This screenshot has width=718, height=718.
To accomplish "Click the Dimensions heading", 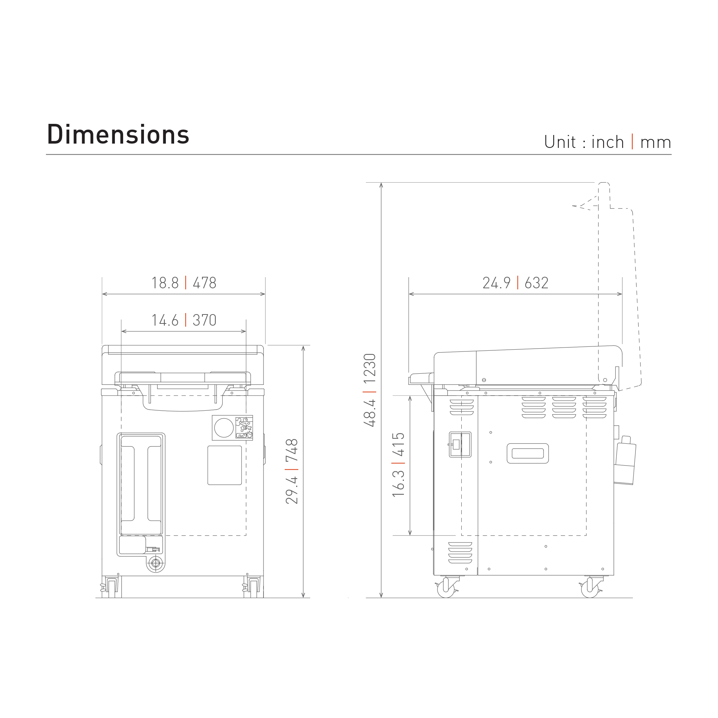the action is [118, 134].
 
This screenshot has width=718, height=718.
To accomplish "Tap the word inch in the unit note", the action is [608, 142].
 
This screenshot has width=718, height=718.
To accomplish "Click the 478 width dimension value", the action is [204, 283].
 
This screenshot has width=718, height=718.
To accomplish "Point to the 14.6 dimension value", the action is [165, 320].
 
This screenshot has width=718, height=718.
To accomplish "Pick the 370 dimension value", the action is [204, 320].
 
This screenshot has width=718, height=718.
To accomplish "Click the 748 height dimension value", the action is [292, 450].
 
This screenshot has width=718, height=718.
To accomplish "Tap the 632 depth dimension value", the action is [536, 283].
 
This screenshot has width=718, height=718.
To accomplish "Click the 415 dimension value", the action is [398, 444].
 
